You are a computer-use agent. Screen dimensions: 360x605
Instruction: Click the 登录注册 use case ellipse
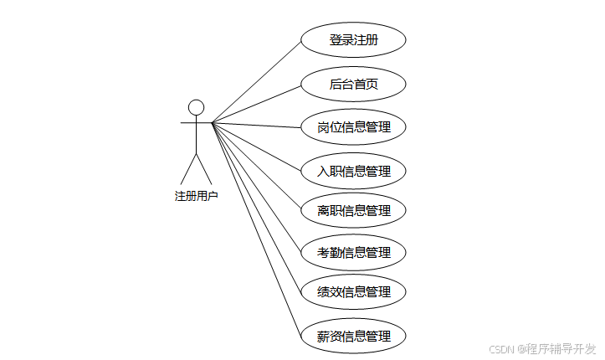[353, 40]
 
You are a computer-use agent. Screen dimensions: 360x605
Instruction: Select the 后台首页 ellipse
[353, 84]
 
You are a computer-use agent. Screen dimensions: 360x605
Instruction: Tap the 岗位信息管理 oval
[353, 127]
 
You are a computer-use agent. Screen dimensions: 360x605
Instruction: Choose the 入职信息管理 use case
[353, 171]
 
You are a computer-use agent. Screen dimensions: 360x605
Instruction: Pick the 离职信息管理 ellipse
[353, 210]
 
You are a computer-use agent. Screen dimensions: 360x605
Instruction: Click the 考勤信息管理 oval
[353, 252]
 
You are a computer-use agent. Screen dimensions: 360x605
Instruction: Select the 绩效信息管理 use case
[353, 292]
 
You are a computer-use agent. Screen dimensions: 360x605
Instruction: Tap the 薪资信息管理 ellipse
[353, 337]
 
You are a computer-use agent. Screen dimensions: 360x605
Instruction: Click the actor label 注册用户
[196, 196]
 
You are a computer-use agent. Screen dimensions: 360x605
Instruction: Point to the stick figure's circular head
[196, 107]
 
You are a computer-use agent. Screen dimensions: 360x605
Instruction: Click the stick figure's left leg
[187, 169]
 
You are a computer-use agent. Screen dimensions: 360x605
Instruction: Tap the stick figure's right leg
[205, 169]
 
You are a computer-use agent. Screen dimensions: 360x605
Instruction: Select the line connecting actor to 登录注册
[256, 82]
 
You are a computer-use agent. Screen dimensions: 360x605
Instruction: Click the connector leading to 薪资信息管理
[256, 229]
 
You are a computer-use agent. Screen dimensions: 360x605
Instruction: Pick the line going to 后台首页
[256, 104]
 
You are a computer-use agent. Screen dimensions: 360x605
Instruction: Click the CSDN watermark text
[500, 348]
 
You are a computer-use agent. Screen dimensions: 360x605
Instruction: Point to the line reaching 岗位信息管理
[256, 126]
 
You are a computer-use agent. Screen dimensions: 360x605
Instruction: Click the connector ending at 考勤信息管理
[256, 188]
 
